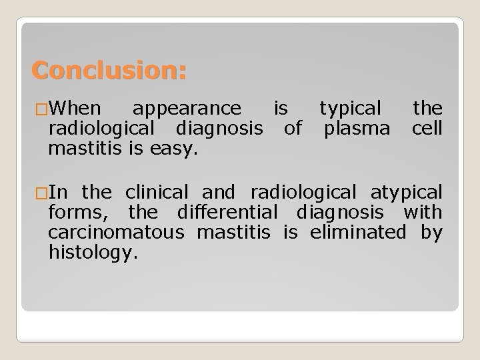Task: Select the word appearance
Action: (x=187, y=107)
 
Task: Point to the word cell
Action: (x=427, y=127)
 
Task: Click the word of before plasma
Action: (x=293, y=127)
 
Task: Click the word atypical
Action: (x=405, y=193)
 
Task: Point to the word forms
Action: (x=70, y=213)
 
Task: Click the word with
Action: (x=417, y=213)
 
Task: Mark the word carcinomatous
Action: (x=119, y=232)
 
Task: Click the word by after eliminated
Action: (x=431, y=232)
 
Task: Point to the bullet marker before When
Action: (x=40, y=108)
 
